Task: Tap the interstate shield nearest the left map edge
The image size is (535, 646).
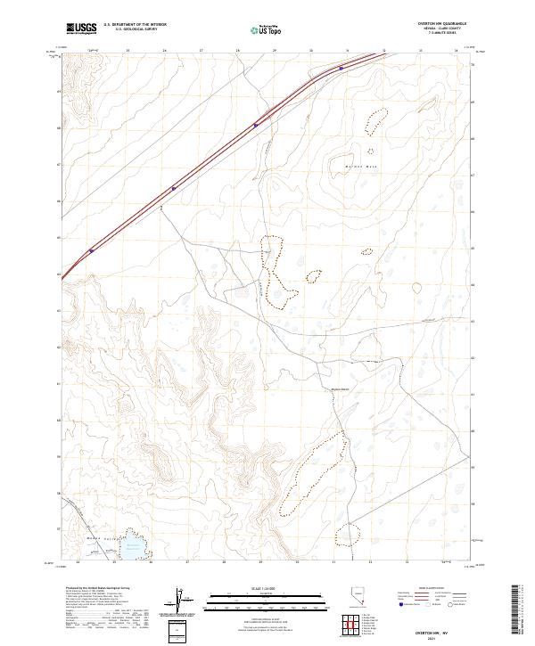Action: [x=91, y=250]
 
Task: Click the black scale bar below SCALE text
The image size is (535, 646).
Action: [x=267, y=593]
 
